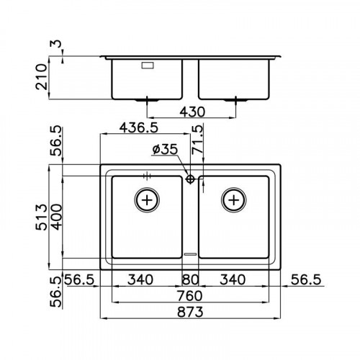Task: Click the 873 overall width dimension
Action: click(190, 312)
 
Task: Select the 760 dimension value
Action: click(189, 296)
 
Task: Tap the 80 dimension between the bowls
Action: click(190, 279)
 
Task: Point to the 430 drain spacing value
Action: click(192, 112)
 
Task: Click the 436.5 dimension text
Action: click(139, 127)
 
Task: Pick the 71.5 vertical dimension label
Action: click(197, 140)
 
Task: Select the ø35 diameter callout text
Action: click(165, 149)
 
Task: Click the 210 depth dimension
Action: click(41, 77)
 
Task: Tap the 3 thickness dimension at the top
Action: click(55, 44)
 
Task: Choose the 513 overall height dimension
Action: click(41, 217)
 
